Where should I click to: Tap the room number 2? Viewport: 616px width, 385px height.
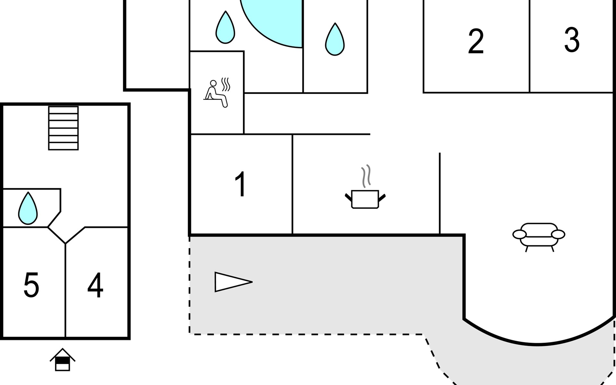475,41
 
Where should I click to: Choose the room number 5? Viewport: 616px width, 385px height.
31,285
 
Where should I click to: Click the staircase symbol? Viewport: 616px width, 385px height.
64,128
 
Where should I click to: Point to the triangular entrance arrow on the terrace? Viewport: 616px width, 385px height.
233,282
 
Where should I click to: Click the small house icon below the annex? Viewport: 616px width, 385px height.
63,360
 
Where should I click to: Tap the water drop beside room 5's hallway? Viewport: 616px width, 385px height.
28,208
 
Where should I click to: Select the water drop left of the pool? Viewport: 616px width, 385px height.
225,27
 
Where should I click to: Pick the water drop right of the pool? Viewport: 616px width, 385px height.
335,39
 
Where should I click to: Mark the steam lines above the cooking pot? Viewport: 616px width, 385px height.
366,176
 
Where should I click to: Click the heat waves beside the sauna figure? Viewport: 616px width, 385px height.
226,84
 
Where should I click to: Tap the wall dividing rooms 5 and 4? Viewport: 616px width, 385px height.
65,290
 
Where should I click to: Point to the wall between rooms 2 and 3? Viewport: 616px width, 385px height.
530,46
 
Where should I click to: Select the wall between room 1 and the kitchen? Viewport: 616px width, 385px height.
293,184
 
